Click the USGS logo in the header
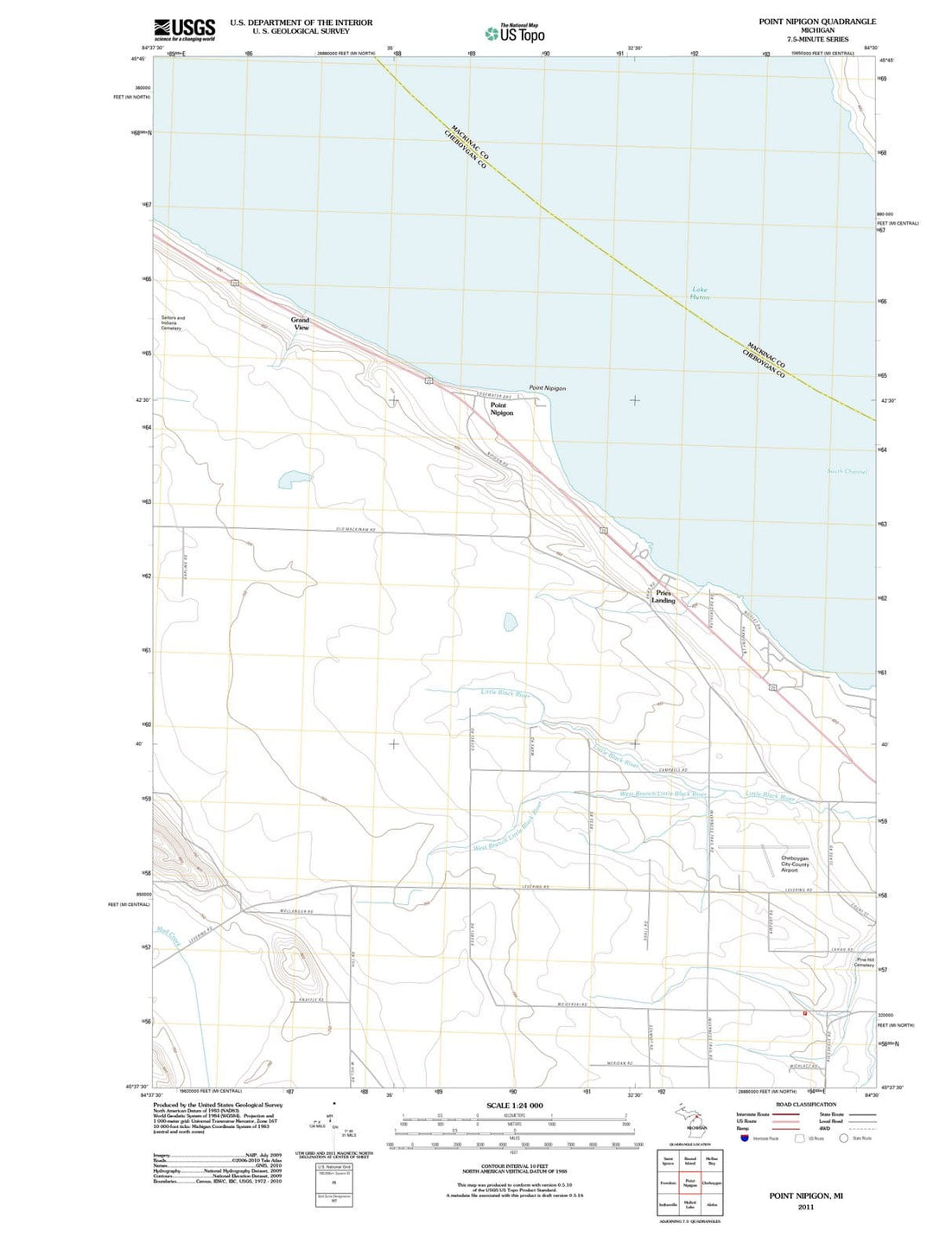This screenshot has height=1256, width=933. tap(184, 30)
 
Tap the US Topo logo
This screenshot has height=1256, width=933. tap(515, 34)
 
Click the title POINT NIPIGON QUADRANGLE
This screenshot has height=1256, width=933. tap(816, 22)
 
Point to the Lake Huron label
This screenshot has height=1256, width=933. tap(700, 293)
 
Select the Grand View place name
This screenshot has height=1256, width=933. tap(300, 323)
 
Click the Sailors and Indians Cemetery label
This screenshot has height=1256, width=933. tap(173, 322)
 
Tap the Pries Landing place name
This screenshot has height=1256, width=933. tap(663, 596)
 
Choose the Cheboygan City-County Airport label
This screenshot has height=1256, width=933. tap(794, 864)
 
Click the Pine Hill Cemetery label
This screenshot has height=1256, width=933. tap(865, 962)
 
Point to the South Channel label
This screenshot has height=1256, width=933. tap(847, 471)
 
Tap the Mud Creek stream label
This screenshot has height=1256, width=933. tap(169, 937)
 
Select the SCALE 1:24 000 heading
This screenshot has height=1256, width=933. tap(515, 1106)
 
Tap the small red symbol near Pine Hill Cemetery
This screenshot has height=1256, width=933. tap(804, 1012)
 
